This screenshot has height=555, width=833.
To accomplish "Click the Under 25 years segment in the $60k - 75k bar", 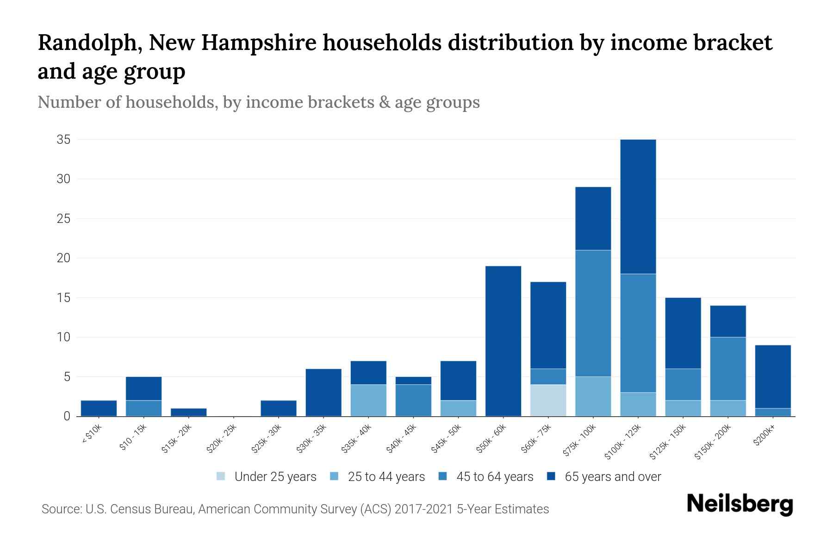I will point(548,400).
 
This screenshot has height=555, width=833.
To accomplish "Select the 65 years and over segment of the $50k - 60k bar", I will point(503,341).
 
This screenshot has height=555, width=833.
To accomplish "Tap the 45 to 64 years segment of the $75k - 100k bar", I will point(593,313).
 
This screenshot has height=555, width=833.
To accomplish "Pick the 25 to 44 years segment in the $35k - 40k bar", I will point(368,400).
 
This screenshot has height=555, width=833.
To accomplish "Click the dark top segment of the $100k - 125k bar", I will point(638,206).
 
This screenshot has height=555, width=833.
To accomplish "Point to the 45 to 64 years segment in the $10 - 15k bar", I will point(143,408).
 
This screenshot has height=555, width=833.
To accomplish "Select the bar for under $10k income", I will point(99,408).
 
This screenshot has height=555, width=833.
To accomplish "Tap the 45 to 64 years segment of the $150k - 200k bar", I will point(728,369).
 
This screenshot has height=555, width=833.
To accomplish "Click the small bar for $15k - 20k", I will point(188,412).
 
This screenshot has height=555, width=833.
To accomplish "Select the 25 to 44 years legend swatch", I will point(334,476).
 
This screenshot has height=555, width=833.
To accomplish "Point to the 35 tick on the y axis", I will point(63,139).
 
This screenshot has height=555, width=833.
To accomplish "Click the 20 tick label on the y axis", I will point(63,258).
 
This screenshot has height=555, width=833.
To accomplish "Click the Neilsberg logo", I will point(740,504).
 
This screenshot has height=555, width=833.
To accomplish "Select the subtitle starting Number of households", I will point(258,102).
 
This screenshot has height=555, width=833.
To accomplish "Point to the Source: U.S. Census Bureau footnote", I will point(295,509).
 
